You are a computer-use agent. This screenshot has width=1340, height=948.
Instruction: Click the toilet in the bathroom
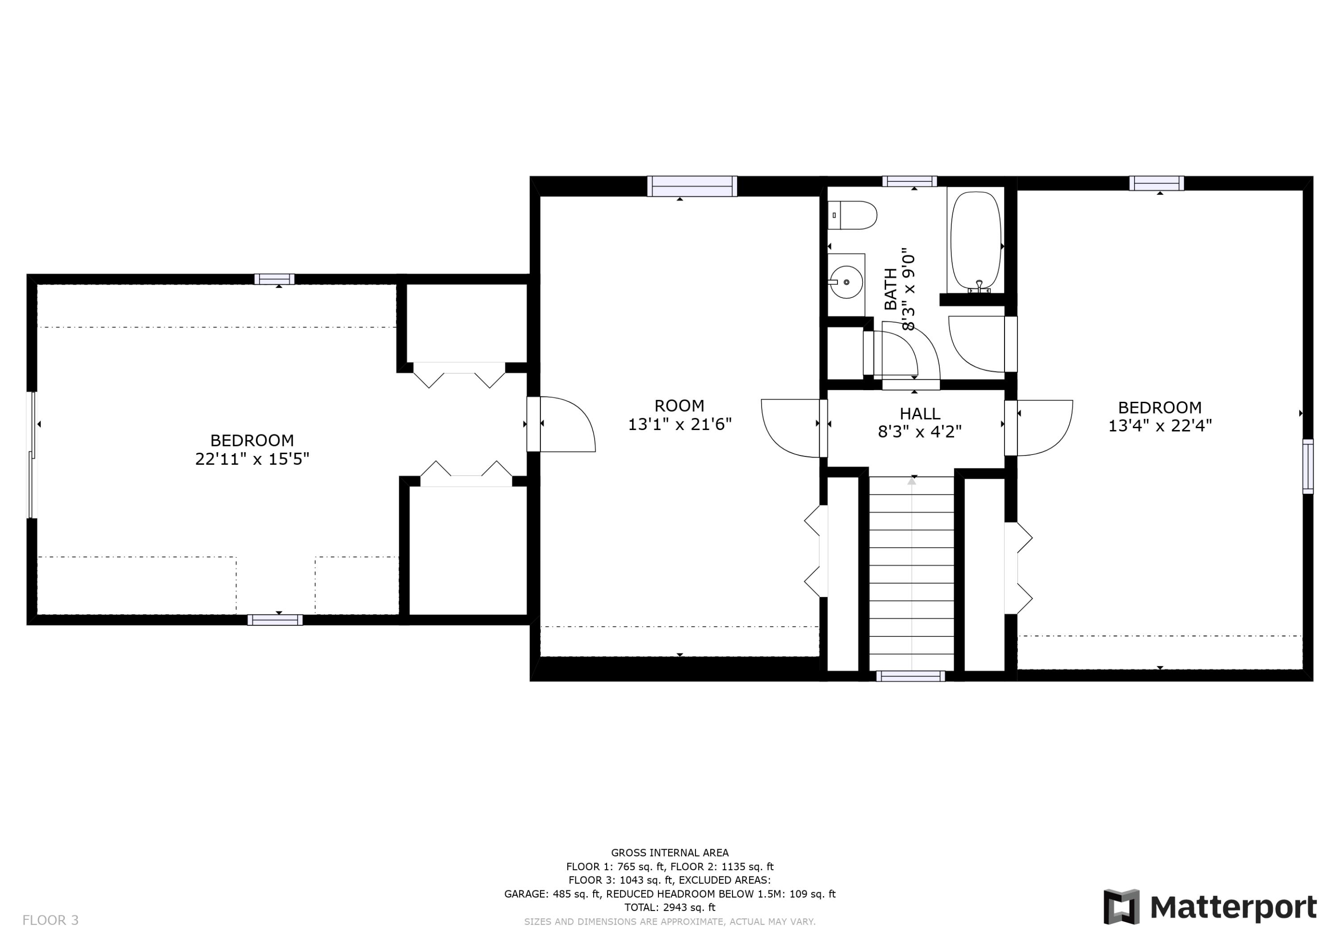point(853,215)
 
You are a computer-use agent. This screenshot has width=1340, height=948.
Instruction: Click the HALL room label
point(920,413)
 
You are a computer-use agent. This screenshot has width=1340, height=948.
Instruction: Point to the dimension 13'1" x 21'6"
point(679,424)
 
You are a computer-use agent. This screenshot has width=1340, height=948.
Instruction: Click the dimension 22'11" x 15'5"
point(251,459)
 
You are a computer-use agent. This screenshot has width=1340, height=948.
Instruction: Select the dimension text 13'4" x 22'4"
point(1160,426)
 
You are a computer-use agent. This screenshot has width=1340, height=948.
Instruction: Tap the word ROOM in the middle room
point(679,405)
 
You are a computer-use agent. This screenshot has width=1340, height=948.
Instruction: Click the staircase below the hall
point(912,573)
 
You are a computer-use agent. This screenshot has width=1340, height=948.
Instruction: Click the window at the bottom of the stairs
point(910,676)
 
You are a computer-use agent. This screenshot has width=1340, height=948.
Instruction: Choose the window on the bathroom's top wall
point(909,181)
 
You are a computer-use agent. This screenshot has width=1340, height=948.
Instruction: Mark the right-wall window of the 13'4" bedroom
point(1308,466)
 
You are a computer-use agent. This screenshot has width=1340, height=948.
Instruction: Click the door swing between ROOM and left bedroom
point(566,424)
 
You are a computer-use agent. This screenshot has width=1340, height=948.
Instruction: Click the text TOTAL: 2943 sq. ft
point(670,907)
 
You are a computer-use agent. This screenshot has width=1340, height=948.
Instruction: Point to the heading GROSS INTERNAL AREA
point(670,853)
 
